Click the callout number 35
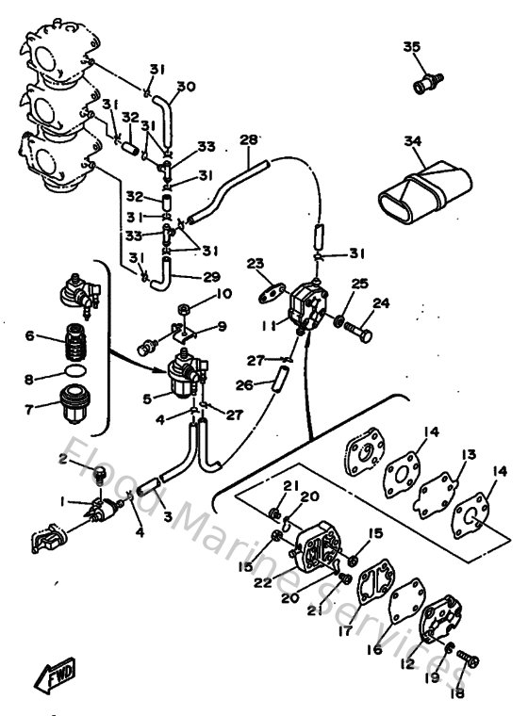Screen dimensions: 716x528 [411, 47]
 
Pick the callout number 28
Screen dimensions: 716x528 [249, 139]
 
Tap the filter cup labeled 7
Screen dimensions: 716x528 [72, 404]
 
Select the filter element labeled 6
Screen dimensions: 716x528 [72, 338]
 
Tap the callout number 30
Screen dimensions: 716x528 [186, 87]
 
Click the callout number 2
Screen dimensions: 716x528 [63, 459]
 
